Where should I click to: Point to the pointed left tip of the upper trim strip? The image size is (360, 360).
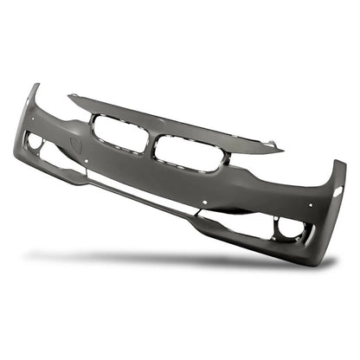(x=71, y=97)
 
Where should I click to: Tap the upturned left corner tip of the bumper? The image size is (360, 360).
(x=34, y=87)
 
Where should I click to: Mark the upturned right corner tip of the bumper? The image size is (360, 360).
(x=341, y=164)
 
